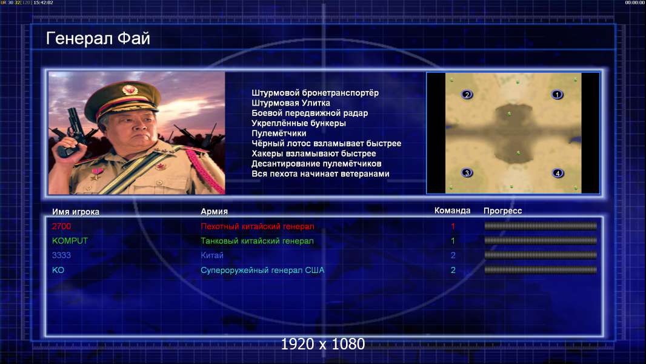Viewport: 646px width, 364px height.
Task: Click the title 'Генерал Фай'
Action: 98,38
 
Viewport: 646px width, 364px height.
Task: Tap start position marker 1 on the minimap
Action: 557,95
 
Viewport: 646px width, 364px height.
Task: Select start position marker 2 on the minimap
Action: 467,95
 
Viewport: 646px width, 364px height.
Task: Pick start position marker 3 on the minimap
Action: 467,173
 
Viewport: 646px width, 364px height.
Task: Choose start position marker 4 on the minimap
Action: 558,173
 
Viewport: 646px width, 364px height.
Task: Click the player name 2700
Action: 61,226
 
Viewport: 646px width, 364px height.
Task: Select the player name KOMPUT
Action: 70,241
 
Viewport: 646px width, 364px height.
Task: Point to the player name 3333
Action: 61,255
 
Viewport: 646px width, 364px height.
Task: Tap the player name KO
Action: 58,270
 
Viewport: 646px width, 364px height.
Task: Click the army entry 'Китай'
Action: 211,255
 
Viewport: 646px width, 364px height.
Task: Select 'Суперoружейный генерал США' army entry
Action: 262,270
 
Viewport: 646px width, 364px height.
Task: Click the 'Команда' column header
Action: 452,211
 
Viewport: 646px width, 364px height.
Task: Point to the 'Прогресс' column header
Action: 502,211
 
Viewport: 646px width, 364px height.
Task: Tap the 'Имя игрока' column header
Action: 75,212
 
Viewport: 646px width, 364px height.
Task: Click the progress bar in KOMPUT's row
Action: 541,240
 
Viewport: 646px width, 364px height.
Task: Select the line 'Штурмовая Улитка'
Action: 291,103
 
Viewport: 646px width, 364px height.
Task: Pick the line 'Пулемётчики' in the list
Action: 279,133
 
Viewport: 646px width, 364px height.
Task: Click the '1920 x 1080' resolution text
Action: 323,344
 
